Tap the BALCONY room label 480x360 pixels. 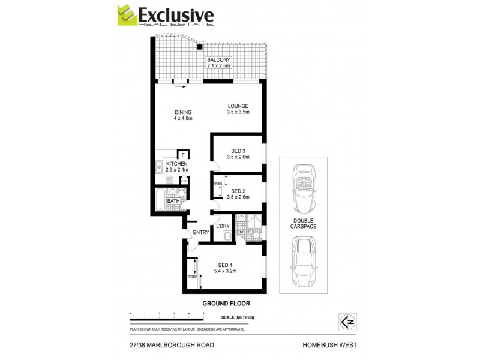tap(218, 60)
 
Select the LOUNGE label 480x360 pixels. tap(238, 107)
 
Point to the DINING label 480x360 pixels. tap(183, 112)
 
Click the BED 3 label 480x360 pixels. tap(238, 151)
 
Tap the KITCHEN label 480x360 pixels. tap(177, 164)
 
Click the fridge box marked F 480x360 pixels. tap(183, 155)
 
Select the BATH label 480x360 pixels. tap(173, 201)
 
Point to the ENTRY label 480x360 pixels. tap(200, 233)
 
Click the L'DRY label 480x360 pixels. tap(223, 226)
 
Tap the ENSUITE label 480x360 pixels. tap(243, 232)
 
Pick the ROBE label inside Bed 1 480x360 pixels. tap(192, 277)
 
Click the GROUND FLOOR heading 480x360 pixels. tap(226, 304)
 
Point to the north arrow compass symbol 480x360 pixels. tap(345, 321)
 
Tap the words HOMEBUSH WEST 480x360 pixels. tap(331, 345)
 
